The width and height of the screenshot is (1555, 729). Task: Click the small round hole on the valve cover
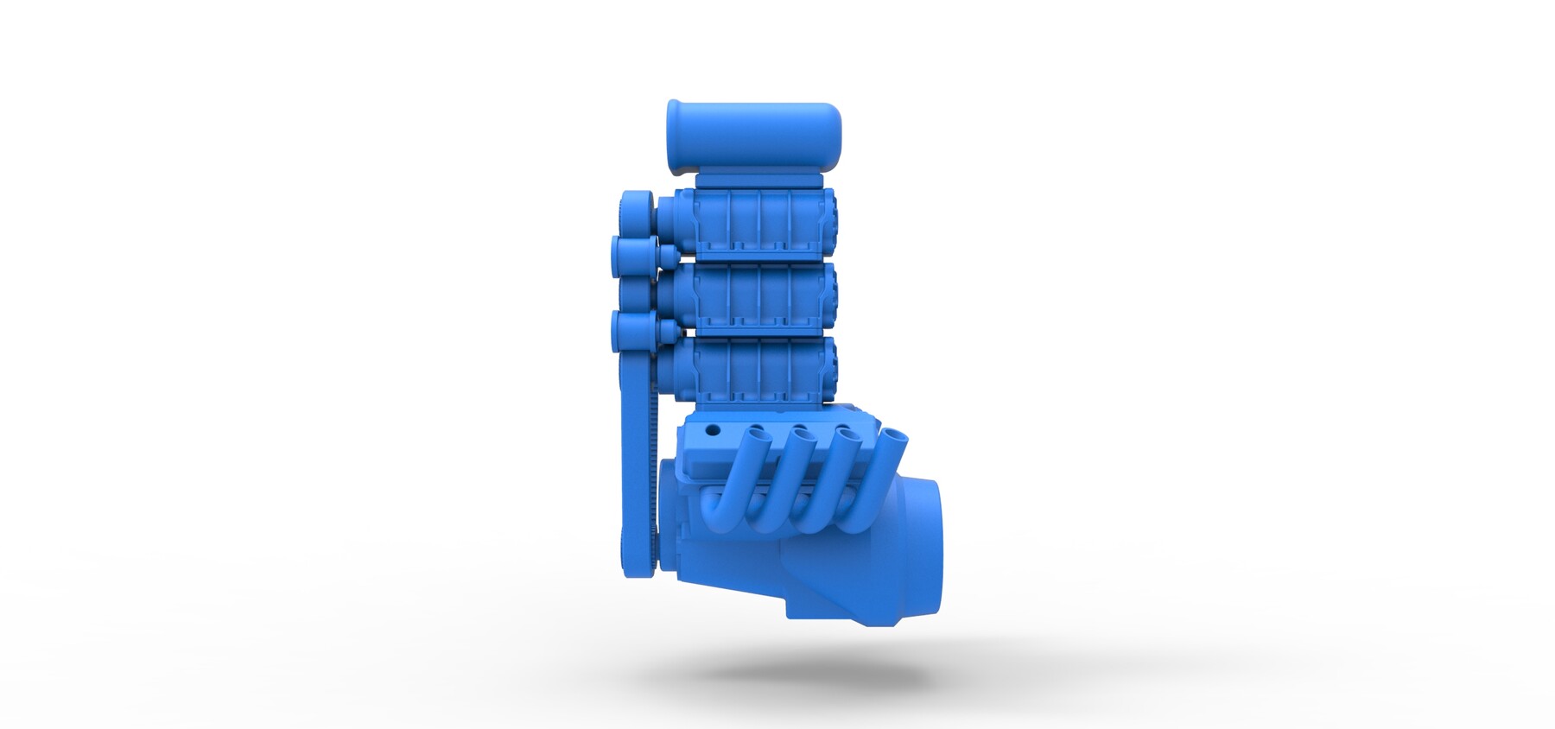pos(713,429)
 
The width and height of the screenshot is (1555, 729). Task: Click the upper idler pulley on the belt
pos(632,255)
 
